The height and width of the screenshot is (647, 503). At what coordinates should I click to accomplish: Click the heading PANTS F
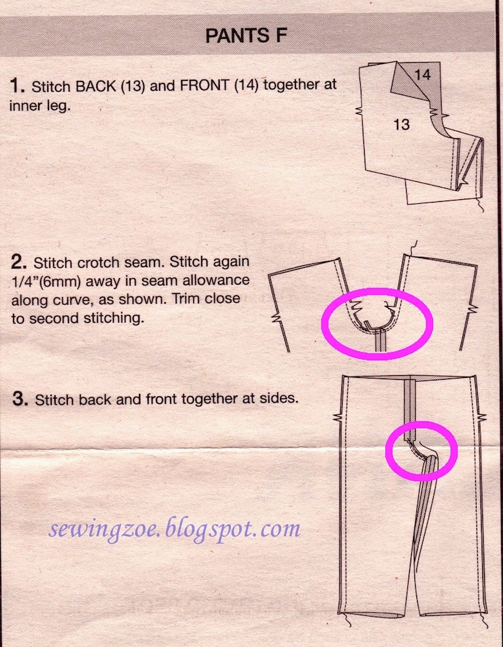pyautogui.click(x=246, y=36)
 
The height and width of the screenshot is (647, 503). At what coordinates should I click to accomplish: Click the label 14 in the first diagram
pyautogui.click(x=423, y=74)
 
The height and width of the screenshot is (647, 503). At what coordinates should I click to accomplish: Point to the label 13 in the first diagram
pyautogui.click(x=401, y=124)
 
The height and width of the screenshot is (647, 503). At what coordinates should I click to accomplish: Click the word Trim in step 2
pyautogui.click(x=187, y=298)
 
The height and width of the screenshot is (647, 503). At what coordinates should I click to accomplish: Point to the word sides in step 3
pyautogui.click(x=277, y=399)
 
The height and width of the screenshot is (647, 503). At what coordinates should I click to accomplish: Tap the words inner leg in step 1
pyautogui.click(x=39, y=105)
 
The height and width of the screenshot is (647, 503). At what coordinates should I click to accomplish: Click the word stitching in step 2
pyautogui.click(x=114, y=318)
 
